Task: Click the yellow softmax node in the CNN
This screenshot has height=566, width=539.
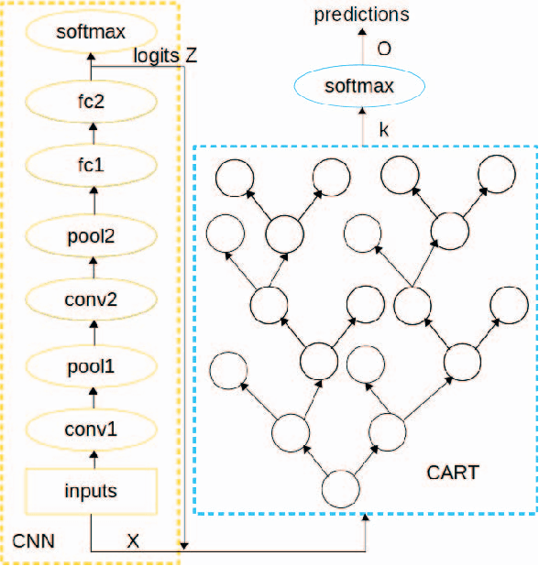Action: coord(90,34)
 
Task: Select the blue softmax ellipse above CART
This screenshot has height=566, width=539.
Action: coord(358,87)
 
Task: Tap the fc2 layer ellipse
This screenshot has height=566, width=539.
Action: coord(90,101)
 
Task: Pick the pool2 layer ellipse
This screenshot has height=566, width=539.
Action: coord(90,234)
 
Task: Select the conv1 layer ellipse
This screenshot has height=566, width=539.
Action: coord(90,428)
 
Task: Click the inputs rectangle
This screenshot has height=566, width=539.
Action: coord(90,492)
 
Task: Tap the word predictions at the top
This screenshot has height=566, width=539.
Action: coord(361,14)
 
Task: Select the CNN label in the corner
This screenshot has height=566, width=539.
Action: coord(34,541)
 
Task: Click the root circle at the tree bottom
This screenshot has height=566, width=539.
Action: coord(339,482)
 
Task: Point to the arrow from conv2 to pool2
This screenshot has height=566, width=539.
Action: coord(90,267)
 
